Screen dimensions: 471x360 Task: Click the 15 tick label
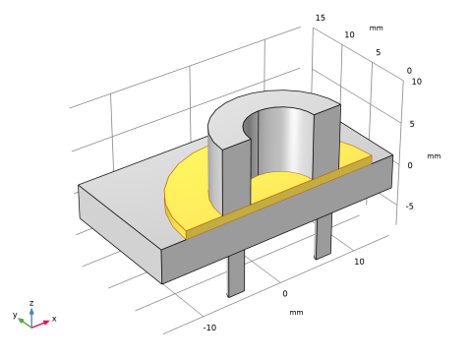321,18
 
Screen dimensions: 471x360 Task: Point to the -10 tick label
209,328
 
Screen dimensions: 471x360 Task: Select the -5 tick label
409,207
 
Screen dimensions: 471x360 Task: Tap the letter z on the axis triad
31,303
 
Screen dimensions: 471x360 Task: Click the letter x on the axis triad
54,319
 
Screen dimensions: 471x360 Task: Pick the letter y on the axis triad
15,315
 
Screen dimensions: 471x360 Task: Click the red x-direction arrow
40,324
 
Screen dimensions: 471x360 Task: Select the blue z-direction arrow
31,318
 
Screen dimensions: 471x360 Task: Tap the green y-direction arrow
25,323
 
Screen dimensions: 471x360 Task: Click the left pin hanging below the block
236,273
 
